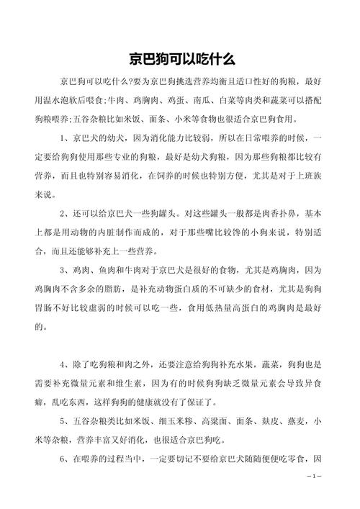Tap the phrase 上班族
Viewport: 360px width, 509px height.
pos(299,175)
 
